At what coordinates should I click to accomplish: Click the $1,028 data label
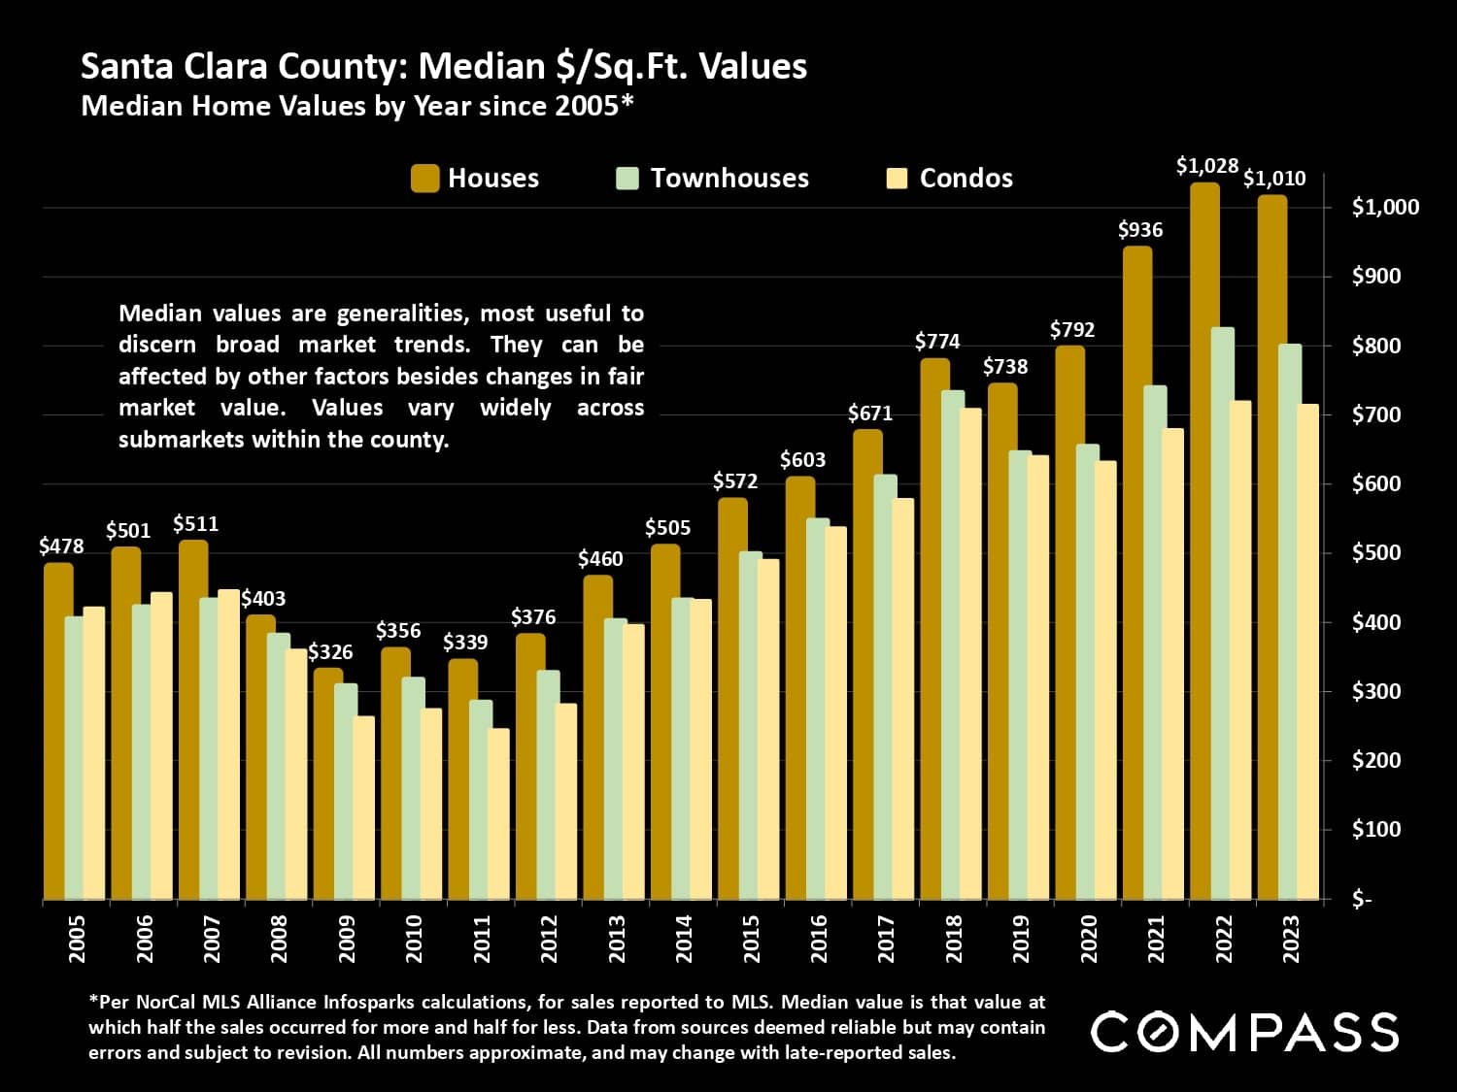pos(1207,166)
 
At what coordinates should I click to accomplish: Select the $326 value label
pos(330,652)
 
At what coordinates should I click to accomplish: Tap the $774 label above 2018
pos(937,342)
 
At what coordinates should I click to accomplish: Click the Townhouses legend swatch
pos(627,179)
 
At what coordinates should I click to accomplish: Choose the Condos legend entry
pos(966,179)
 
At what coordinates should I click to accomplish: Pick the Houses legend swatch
pos(424,179)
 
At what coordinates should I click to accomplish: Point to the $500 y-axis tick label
pos(1376,553)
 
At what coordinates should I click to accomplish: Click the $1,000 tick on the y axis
pos(1384,207)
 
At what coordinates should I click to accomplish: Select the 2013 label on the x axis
pos(617,940)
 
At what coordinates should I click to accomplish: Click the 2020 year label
pos(1088,940)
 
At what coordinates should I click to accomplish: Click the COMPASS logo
pos(1244,1032)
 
